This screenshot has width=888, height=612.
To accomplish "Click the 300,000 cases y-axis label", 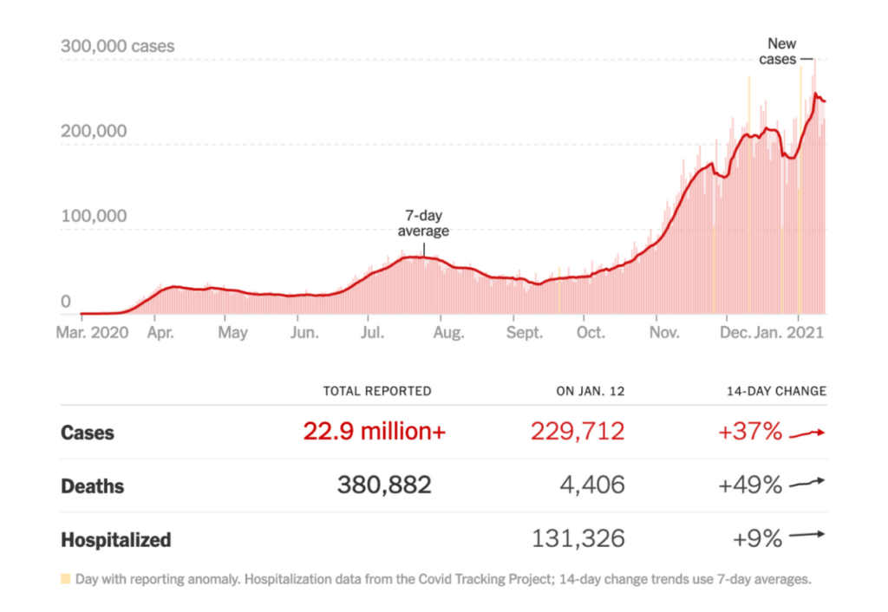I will (117, 46).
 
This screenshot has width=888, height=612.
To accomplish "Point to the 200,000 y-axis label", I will (94, 132).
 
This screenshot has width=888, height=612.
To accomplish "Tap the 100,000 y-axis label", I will (94, 217).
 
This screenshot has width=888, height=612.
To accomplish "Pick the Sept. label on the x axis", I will (525, 333).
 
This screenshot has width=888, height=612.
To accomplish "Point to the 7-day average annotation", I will (424, 224).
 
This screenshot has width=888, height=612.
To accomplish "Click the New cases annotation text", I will (780, 51).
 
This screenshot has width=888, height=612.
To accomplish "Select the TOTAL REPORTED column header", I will (376, 392).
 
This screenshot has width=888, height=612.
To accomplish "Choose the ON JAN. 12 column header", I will (590, 392).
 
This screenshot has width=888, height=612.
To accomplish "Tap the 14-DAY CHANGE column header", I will (776, 392).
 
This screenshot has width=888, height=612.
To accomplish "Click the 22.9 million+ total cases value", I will (375, 432).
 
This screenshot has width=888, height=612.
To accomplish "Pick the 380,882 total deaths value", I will (383, 485).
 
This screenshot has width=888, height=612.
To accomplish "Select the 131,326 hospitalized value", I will (578, 539).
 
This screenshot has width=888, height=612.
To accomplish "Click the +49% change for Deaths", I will (750, 485).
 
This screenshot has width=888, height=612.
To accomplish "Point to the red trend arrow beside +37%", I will (807, 432).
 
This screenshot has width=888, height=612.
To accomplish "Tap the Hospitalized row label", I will (116, 540).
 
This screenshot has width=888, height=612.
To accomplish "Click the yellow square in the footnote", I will (65, 578).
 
